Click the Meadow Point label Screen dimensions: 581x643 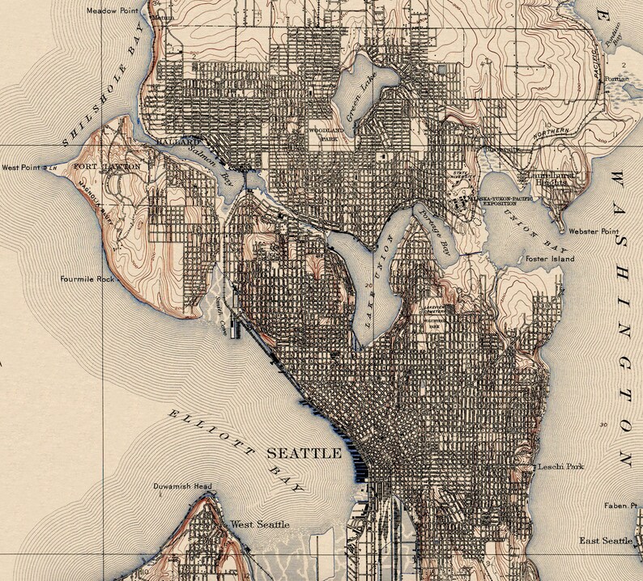(x=114, y=11)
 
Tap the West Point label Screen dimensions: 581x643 (x=21, y=168)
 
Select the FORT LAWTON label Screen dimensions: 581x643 (x=107, y=167)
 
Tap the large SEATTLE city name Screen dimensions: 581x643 (x=304, y=452)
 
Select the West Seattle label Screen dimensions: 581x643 (x=260, y=524)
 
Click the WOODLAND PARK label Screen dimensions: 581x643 (x=321, y=134)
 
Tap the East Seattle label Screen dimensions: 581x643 (x=607, y=540)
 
